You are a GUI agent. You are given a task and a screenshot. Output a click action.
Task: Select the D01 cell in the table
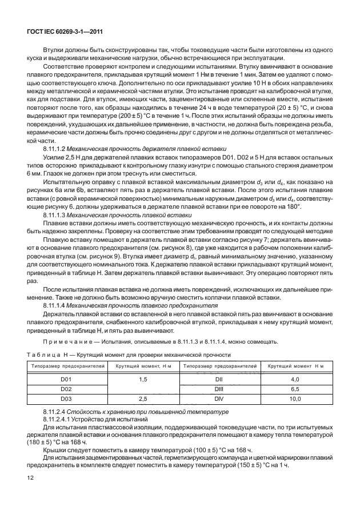[x=66, y=378]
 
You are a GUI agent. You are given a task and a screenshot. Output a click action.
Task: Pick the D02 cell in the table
[x=66, y=388]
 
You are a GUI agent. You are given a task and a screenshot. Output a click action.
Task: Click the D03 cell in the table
[x=66, y=398]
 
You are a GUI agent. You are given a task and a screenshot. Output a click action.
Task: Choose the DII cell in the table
[x=218, y=378]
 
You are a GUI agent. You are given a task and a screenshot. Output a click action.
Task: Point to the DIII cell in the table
[x=218, y=388]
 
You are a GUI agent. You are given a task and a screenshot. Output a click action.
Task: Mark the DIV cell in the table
[x=218, y=398]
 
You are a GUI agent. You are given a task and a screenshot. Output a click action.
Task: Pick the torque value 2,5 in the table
[x=143, y=398]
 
